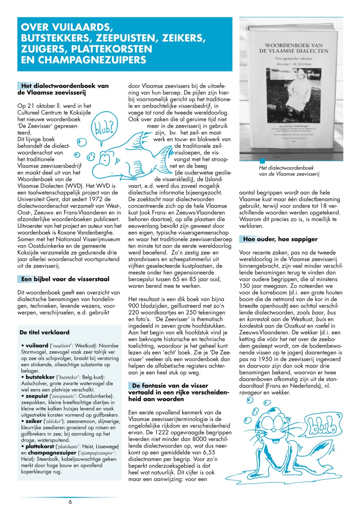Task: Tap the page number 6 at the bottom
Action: pyautogui.click(x=70, y=501)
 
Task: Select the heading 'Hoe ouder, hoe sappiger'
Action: pyautogui.click(x=280, y=239)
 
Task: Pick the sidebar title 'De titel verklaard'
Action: pyautogui.click(x=45, y=332)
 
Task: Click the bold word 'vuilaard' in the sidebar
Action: pyautogui.click(x=37, y=346)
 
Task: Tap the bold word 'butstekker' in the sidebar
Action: pyautogui.click(x=40, y=377)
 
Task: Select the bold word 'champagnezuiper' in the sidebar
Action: pyautogui.click(x=52, y=453)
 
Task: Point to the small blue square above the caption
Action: pyautogui.click(x=262, y=161)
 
